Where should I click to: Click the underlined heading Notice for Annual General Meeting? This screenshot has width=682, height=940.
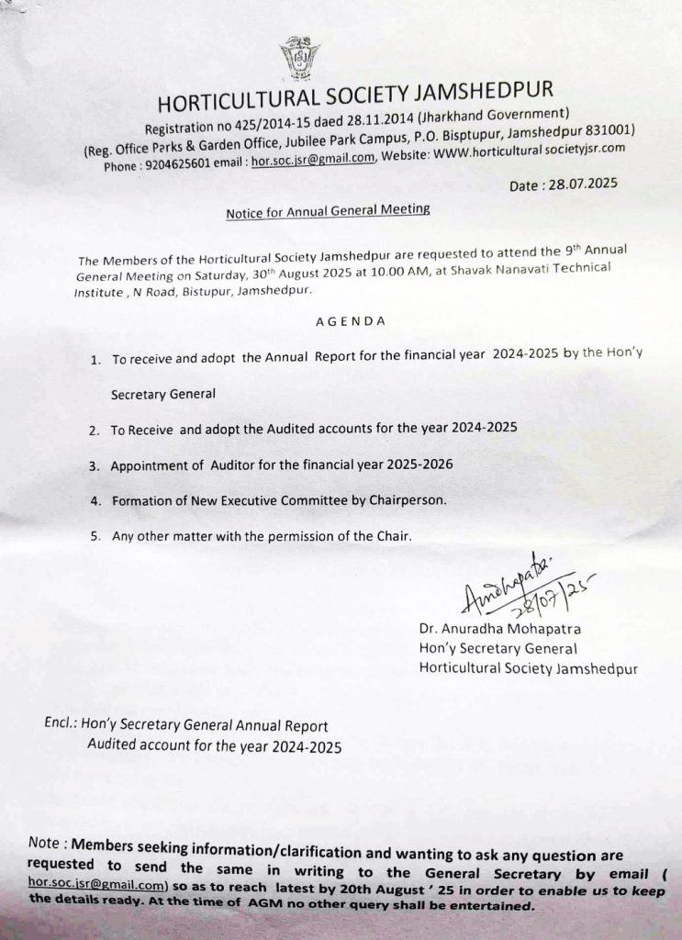(328, 211)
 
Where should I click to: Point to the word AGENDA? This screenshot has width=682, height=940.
(346, 321)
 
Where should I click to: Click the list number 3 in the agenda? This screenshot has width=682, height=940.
(94, 466)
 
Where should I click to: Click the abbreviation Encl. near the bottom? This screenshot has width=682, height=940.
(59, 724)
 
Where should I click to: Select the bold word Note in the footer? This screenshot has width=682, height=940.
(45, 842)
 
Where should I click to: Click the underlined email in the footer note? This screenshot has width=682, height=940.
(96, 885)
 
